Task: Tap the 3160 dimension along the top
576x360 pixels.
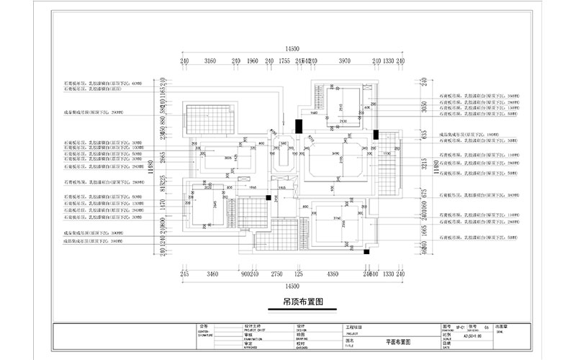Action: coord(210,62)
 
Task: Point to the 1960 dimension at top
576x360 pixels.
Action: coord(252,62)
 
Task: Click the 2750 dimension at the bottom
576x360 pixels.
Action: coord(276,274)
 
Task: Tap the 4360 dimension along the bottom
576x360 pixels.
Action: coord(333,274)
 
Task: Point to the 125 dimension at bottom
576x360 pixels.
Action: coord(299,274)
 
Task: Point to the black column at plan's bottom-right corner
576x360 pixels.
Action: coord(366,252)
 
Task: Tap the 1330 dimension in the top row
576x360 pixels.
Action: coord(388,62)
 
